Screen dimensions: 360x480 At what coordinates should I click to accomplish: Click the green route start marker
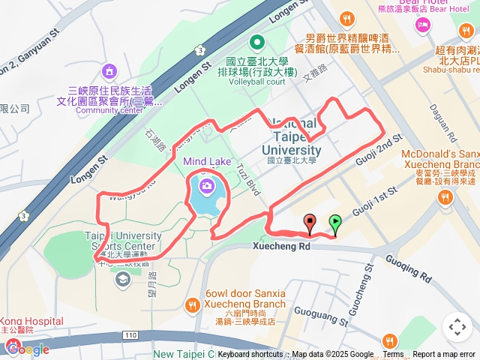coord(335,222)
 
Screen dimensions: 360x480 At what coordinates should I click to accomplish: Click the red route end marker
coord(310,222)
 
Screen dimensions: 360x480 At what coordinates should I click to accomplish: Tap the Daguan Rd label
coord(442,123)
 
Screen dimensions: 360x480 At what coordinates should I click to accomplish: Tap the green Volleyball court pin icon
coord(257,42)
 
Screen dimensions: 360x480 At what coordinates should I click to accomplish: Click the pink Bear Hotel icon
coord(423,25)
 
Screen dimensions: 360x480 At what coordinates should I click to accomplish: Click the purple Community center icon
coord(110,72)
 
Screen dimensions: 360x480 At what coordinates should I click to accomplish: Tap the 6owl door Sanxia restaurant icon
coord(193,305)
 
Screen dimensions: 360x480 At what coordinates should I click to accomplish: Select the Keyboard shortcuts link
coord(250,355)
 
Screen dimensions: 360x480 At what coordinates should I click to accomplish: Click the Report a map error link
coord(445,355)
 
